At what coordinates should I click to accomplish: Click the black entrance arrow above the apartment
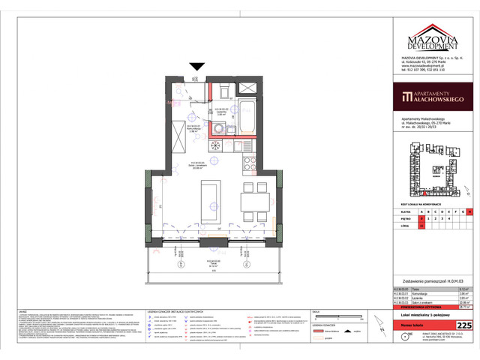click(x=196, y=67)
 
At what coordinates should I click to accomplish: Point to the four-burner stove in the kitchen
click(x=250, y=146)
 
